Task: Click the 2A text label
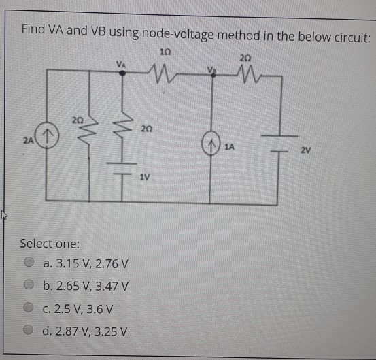click(27, 140)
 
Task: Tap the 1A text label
click(231, 146)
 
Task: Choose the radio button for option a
click(29, 263)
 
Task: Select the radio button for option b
click(29, 287)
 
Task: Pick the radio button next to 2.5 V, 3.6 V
click(29, 309)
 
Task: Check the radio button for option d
click(29, 332)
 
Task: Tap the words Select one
click(50, 243)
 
